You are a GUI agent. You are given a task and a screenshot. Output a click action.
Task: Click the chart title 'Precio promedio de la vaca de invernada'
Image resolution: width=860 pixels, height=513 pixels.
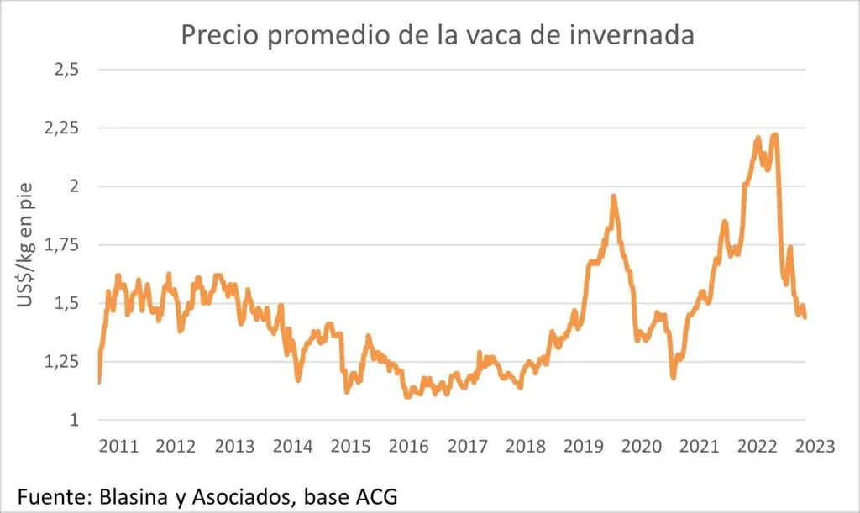pos(437,35)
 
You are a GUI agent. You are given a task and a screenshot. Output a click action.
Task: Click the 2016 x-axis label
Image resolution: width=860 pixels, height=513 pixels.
pos(409,447)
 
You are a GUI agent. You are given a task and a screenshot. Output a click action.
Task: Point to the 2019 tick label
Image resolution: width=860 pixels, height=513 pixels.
pos(585,447)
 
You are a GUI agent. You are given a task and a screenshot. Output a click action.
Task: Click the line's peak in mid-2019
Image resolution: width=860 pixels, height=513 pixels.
pos(614,196)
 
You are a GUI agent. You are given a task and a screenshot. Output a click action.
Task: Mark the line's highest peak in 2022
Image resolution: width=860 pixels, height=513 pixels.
pos(773,134)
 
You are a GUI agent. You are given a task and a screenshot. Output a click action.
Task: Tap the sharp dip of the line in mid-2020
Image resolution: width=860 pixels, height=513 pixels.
pos(674,377)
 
